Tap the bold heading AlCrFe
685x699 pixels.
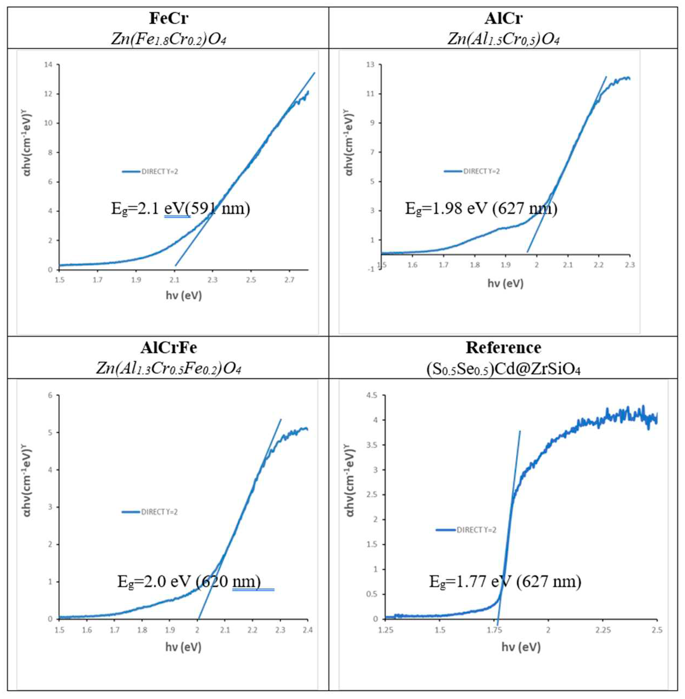168,348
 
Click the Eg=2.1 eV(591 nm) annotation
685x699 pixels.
180,208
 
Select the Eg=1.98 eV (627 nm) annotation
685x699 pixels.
481,208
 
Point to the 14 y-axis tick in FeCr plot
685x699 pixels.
48,64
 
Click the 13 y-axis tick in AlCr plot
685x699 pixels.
370,64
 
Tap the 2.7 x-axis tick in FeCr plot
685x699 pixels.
289,279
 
